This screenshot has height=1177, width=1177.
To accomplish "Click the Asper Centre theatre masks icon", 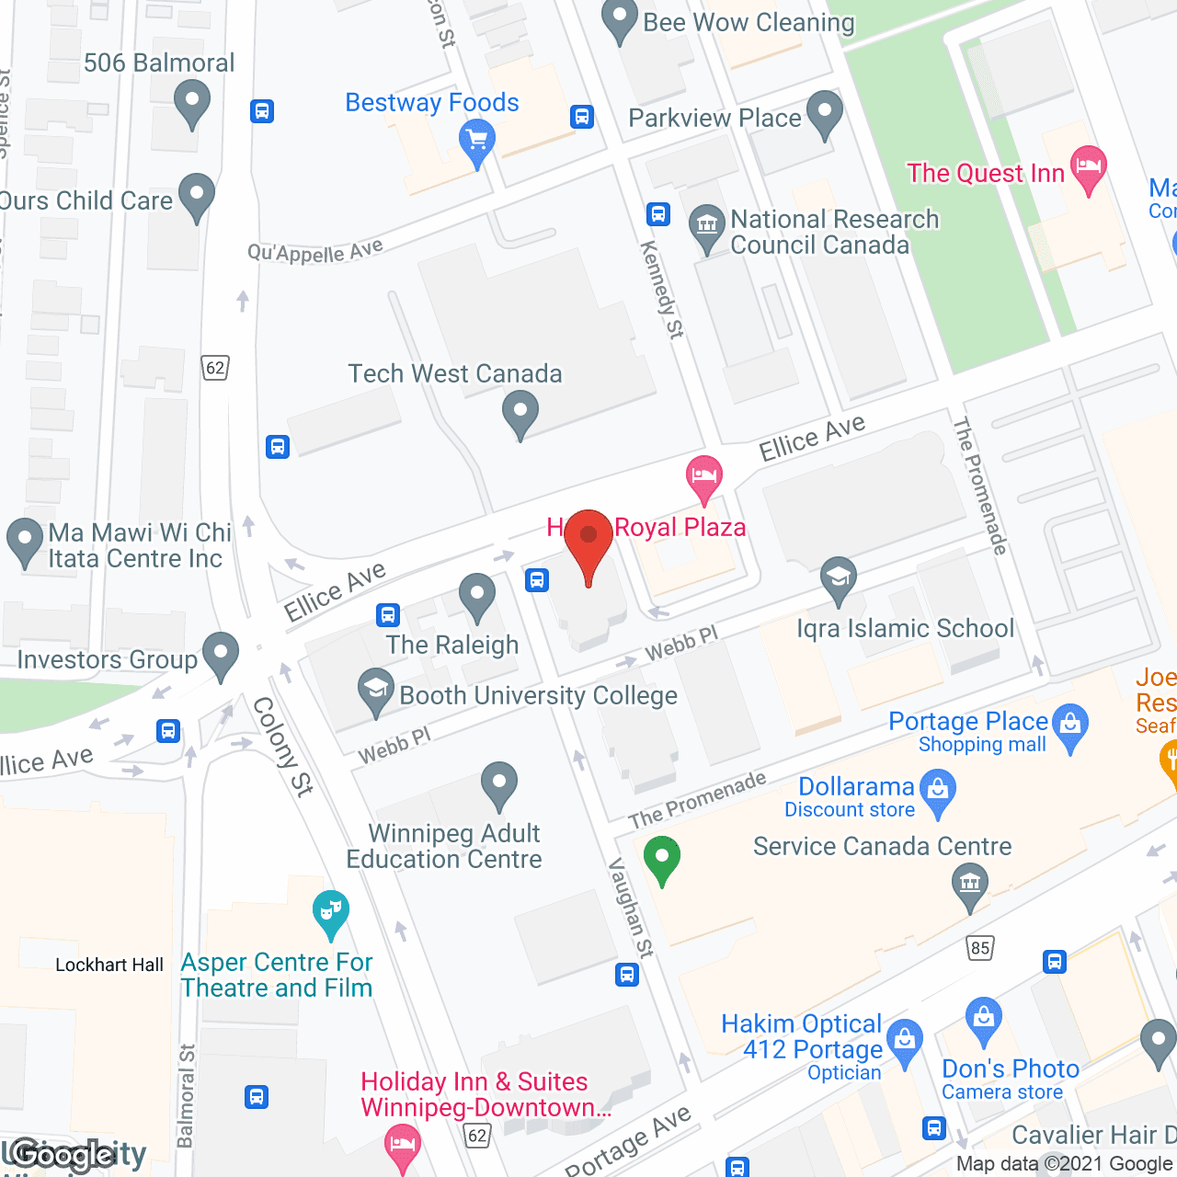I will pos(330,912).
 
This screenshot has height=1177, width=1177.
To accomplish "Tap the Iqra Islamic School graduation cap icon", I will pos(838,578).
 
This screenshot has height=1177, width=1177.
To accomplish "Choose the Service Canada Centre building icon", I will pos(969,886).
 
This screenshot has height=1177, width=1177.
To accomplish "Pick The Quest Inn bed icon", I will pos(1088,168).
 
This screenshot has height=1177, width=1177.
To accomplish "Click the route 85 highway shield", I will pos(980,948).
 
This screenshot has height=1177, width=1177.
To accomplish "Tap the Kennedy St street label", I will pos(662,289).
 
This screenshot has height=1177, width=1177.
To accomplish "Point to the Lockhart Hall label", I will pos(109,965).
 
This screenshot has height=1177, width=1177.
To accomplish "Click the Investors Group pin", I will pos(220,655).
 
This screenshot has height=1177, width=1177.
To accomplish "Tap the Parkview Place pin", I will pos(825,113).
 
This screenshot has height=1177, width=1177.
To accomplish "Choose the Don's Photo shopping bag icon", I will pos(983,1019).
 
